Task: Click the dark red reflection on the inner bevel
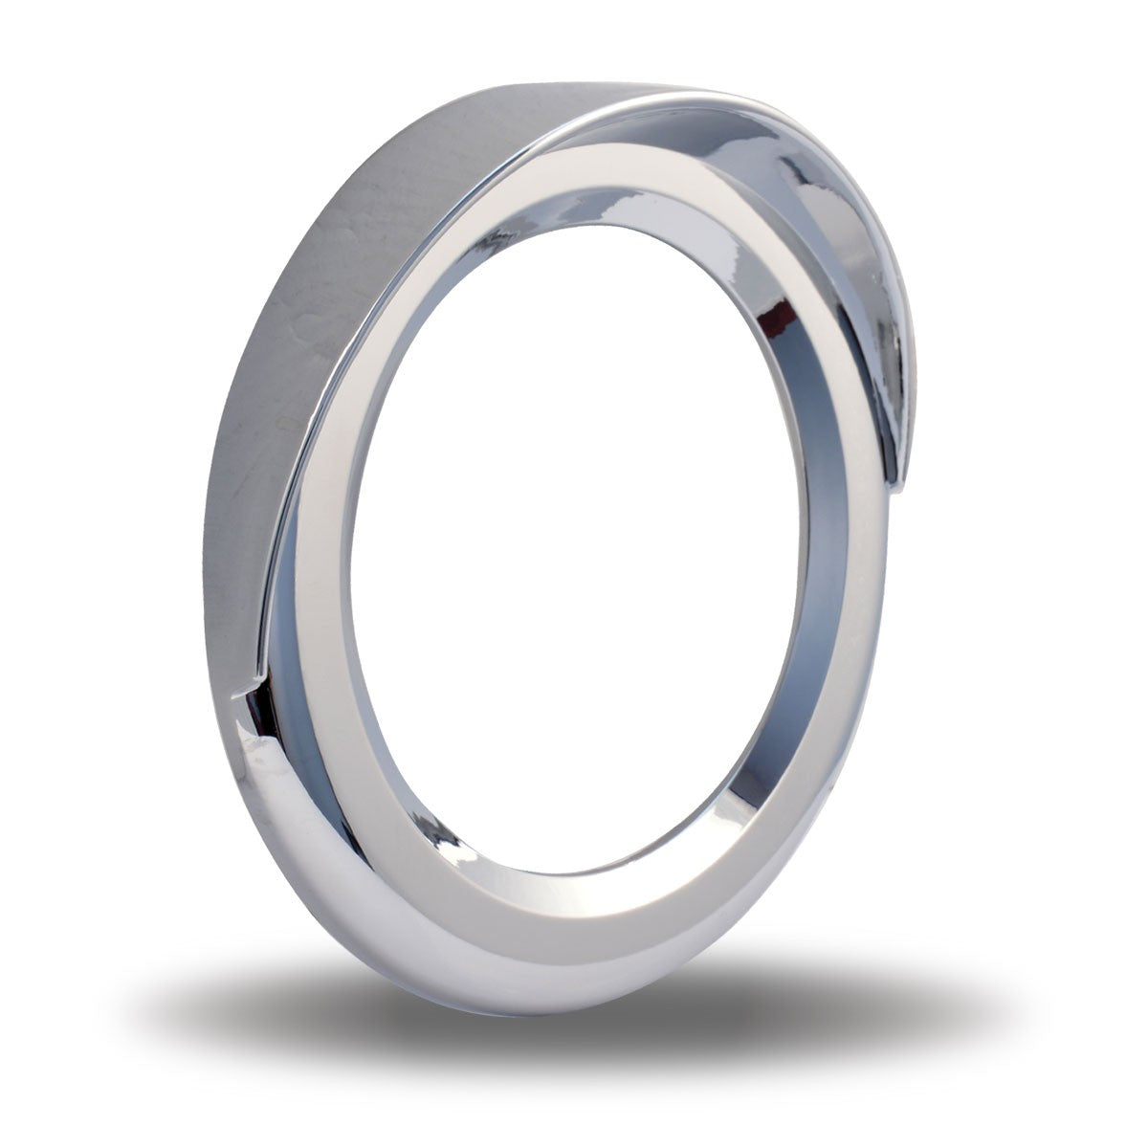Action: [x=786, y=316]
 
